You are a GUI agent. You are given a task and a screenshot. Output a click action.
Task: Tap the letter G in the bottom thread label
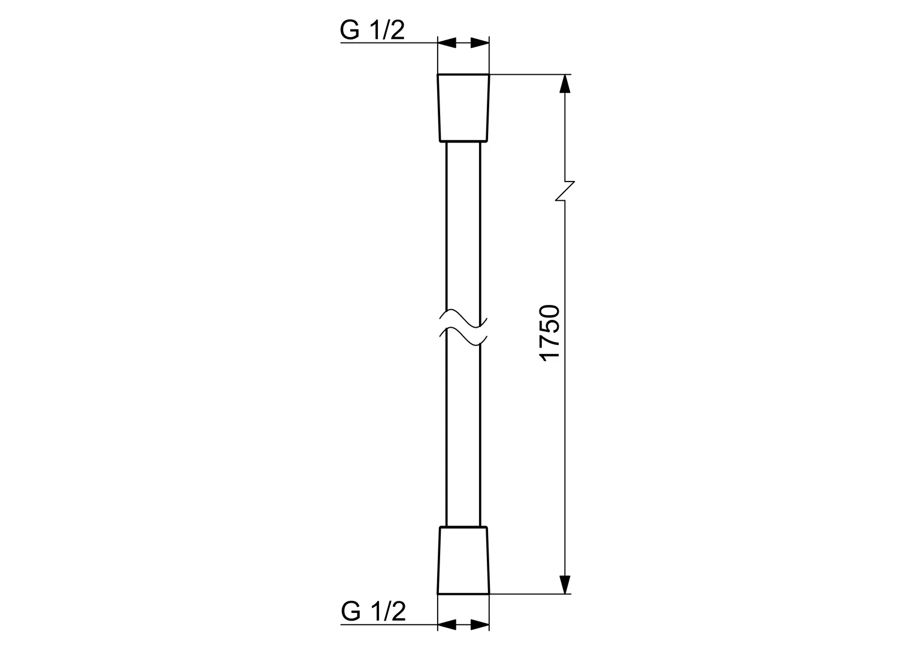coord(352,612)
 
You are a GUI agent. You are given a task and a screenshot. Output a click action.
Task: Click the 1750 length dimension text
coord(550,332)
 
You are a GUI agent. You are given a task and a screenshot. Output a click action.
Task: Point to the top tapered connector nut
coord(463,108)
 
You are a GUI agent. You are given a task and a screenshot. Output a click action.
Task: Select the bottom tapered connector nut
coord(463,560)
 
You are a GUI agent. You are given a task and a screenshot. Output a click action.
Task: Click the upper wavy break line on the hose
coord(463,317)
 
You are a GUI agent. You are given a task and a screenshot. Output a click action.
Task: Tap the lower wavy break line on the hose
coord(463,337)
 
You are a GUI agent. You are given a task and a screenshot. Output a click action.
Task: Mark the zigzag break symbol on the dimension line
coord(565,191)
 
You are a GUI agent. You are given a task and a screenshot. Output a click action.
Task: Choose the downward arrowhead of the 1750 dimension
coord(564,584)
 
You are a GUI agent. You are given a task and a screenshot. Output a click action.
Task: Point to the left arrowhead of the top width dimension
coord(447,43)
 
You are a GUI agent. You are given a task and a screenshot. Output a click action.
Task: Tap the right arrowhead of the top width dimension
coord(480,43)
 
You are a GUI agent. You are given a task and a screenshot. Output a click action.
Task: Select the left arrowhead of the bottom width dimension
coord(447,625)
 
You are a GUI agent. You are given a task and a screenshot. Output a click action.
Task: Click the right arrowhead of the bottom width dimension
coord(480,625)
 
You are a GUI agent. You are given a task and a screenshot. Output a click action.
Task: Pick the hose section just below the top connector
coord(463,180)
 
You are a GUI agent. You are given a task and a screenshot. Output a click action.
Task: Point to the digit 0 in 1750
coord(550,313)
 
